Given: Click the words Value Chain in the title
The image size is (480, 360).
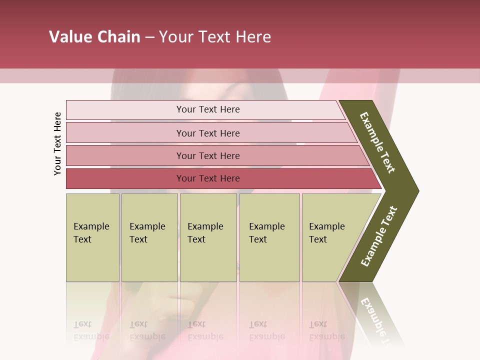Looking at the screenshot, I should tap(94, 37).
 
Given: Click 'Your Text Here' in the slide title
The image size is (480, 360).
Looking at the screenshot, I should tap(215, 37).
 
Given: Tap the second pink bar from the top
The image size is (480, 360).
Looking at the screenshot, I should tap(208, 133).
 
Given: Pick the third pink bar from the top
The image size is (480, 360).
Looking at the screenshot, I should tap(208, 155).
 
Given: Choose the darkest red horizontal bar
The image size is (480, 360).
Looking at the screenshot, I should tap(208, 178).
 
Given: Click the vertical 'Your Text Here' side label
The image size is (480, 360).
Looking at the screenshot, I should tap(57, 143).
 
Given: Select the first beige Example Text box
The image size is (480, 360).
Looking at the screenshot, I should tap(92, 237).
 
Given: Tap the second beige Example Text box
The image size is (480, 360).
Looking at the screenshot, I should tap(149, 237).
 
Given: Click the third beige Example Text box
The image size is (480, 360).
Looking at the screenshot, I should tap(207, 237).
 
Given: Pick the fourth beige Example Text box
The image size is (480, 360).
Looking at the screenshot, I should tap(269, 237).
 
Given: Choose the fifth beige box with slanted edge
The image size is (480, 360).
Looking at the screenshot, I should tap(330, 237).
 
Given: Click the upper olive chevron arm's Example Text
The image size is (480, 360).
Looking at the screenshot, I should tap(377, 142).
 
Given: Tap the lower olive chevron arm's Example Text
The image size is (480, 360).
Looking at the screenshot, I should tap(379, 236).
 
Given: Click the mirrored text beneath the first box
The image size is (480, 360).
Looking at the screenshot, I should tap(91, 330).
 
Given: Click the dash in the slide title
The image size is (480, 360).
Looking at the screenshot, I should tap(149, 37).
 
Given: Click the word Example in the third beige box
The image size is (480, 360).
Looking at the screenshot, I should tap(205, 226).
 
